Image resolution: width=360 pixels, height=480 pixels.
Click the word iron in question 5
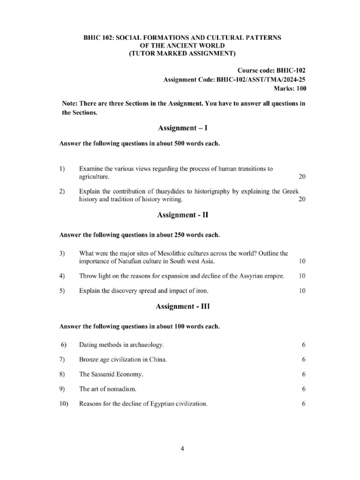tap(207, 291)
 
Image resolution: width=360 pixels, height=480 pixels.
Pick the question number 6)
tap(64, 345)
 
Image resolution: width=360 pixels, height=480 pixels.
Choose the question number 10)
tap(64, 403)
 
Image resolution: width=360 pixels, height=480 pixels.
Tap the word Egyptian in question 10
tap(170, 403)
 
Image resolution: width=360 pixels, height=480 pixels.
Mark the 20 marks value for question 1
tap(302, 177)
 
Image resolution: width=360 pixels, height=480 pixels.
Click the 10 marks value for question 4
tap(302, 276)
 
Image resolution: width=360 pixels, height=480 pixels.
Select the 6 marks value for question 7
tap(304, 360)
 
